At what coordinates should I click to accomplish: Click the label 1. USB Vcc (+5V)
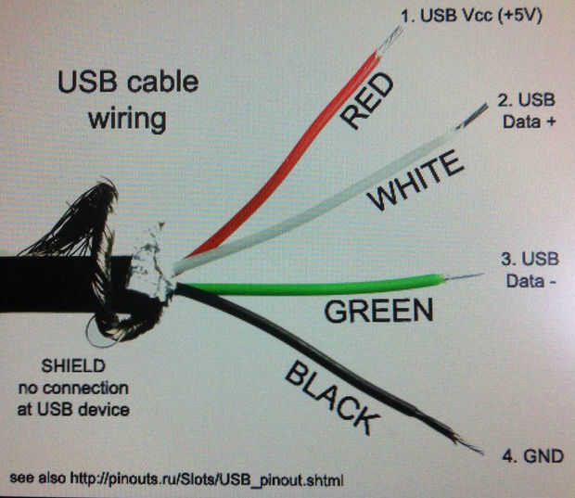(x=469, y=16)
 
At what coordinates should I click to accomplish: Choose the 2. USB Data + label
(x=526, y=110)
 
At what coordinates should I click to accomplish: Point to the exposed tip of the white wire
(x=476, y=114)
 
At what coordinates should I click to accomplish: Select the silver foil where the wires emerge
(x=158, y=269)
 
